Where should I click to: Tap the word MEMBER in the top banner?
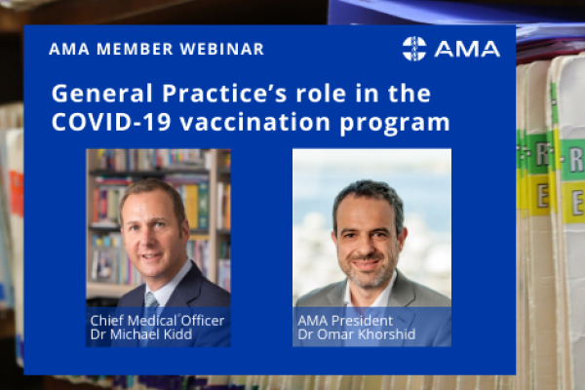coord(136,50)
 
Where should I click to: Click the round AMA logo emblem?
coord(414,49)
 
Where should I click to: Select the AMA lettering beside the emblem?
coord(467,49)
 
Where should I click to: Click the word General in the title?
coord(102,94)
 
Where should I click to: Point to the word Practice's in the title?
coord(224,94)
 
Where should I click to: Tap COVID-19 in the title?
coord(111,122)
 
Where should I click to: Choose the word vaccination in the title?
coord(255,122)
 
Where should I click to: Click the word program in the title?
coord(395,124)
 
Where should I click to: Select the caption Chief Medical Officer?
coord(157,321)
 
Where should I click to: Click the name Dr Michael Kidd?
coord(141,334)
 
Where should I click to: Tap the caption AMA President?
coord(345,321)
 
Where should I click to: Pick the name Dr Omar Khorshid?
coord(356,334)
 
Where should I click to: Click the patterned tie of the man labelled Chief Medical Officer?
coord(151,299)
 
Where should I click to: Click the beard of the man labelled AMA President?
coord(368,272)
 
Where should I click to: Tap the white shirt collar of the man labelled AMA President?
coord(370,292)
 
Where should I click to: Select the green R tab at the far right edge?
coord(573,160)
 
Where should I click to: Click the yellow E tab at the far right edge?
coord(574,202)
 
